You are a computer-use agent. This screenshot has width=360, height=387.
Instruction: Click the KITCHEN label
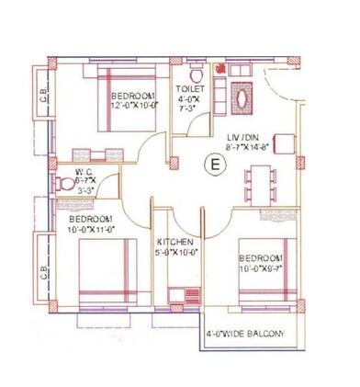[x=174, y=241]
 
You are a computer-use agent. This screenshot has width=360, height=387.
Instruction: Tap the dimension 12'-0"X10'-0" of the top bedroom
[x=137, y=106]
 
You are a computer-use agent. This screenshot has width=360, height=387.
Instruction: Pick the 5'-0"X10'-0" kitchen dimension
[x=176, y=251]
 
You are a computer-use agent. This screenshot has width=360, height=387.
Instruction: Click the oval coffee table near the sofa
[x=242, y=96]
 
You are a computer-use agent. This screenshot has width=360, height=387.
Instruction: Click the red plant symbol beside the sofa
[x=219, y=70]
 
